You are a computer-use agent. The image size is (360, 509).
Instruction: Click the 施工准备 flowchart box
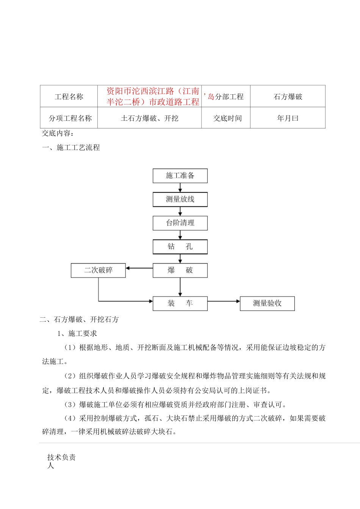coord(180,176)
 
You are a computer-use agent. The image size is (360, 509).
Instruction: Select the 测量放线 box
coord(180,199)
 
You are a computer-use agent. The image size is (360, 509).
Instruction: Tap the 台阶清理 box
coord(180,223)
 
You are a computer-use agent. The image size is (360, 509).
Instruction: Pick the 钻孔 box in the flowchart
coord(180,247)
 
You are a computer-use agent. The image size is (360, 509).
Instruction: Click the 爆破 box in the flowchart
coord(180,270)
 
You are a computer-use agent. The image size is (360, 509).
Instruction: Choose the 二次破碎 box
coord(98,270)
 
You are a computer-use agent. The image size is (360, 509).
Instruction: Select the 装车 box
coord(180,303)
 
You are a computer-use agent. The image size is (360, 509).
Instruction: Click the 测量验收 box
coord(267,303)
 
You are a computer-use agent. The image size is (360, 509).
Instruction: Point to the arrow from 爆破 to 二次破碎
coord(139,268)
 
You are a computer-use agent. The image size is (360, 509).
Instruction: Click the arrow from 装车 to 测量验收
coord(224,301)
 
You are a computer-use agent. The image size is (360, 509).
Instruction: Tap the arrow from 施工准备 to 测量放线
coord(180,187)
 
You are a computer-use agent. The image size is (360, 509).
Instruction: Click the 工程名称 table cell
coord(69,97)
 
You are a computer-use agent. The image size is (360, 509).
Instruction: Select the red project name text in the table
coord(153,96)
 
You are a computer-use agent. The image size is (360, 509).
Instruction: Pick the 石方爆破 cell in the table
coord(288,97)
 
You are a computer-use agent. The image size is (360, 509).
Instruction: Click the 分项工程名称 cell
coord(70,118)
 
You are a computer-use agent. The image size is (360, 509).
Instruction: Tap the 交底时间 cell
coord(227,118)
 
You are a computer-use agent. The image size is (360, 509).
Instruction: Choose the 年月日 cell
coord(288,118)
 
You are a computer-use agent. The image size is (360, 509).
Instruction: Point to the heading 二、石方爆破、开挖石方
coord(79,320)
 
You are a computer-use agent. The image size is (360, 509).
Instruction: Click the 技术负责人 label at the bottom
coord(61,461)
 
